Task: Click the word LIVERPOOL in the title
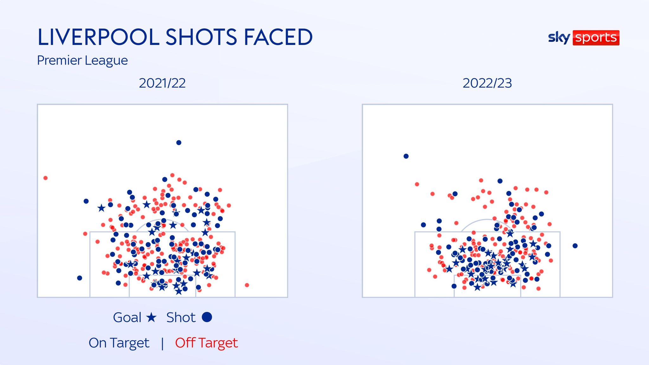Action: tap(98, 37)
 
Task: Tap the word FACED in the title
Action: tap(278, 37)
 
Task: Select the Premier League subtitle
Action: tap(82, 60)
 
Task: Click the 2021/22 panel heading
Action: tap(162, 83)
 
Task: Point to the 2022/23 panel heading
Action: tap(487, 83)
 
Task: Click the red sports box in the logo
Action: tap(596, 38)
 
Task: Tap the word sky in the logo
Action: tap(559, 38)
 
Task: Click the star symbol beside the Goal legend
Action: tap(151, 317)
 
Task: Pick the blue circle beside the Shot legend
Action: tap(207, 317)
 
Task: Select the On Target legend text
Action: tap(119, 343)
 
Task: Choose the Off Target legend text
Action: tap(206, 343)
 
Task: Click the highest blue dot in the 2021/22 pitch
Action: tap(179, 143)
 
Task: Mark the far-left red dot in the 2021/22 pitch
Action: tap(46, 178)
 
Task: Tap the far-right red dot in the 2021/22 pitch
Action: tap(247, 285)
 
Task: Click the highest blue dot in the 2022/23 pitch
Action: tap(406, 156)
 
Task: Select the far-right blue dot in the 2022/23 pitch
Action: tap(575, 246)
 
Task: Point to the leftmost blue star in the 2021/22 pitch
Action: tap(101, 208)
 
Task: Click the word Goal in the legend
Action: tap(127, 317)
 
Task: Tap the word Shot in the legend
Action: tap(181, 317)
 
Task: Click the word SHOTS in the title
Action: tap(201, 37)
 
